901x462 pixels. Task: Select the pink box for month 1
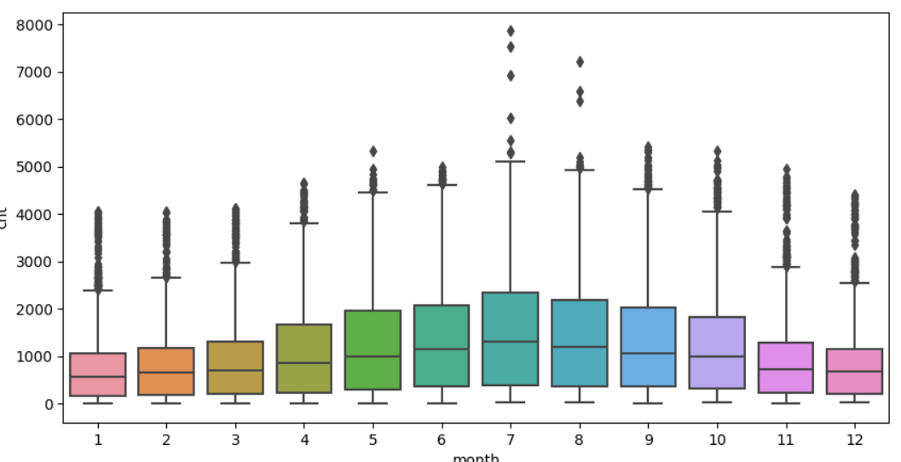(x=97, y=374)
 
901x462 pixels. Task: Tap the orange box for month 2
(x=166, y=371)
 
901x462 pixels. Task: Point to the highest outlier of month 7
(x=511, y=31)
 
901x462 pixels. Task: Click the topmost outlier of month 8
(x=580, y=61)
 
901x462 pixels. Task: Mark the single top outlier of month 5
(x=373, y=152)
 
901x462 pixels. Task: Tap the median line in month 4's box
(x=303, y=363)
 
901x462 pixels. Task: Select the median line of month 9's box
(x=648, y=353)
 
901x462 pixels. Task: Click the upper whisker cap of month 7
(x=511, y=161)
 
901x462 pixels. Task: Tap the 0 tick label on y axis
(x=50, y=404)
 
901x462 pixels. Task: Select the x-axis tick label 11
(x=785, y=440)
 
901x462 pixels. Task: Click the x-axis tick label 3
(x=235, y=440)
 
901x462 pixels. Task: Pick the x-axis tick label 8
(x=580, y=440)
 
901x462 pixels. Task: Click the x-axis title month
(x=476, y=457)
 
